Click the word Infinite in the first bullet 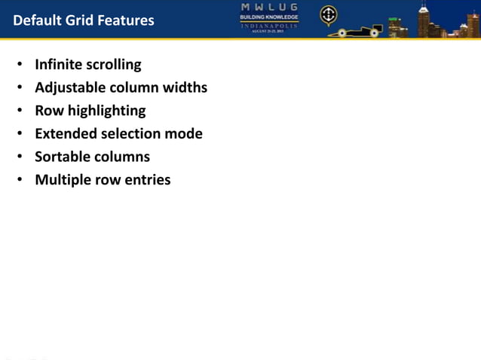[57, 65]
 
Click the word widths [186, 88]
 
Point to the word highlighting [106, 111]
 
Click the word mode [185, 134]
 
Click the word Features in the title [124, 20]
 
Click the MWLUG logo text [268, 7]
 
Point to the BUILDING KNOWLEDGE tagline [268, 17]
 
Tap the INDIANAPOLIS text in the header [268, 26]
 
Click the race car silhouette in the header [359, 31]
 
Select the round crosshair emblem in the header [329, 15]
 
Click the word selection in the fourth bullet [128, 134]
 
